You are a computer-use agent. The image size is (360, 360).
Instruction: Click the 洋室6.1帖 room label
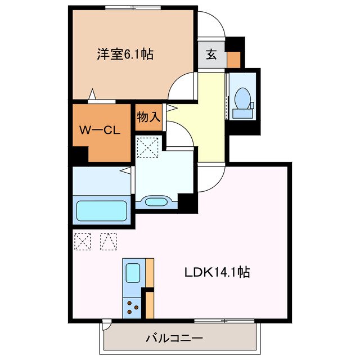click(x=125, y=55)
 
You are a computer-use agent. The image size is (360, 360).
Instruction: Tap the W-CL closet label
click(x=99, y=130)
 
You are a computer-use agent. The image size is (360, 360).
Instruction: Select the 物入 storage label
click(x=149, y=118)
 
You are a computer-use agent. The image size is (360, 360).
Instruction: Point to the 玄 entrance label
click(x=211, y=55)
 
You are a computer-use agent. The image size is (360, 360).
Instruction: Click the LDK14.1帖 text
click(x=218, y=272)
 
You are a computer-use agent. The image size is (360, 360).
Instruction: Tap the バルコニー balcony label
click(x=174, y=339)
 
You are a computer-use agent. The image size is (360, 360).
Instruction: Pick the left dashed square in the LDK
click(x=82, y=241)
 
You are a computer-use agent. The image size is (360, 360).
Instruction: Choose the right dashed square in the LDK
click(x=108, y=241)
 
